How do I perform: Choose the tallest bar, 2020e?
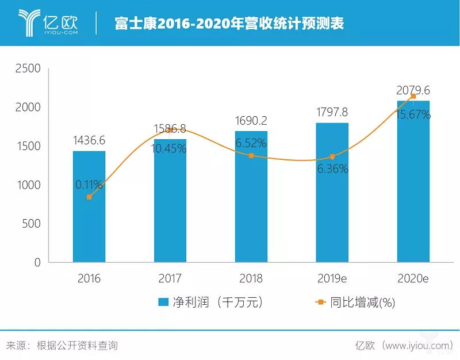pos(413,184)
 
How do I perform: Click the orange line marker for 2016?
pos(89,197)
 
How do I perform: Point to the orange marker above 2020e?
pos(413,96)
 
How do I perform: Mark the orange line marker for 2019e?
pos(332,156)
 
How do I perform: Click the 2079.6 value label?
pos(413,90)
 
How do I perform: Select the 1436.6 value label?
pos(89,140)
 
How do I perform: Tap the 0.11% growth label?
pos(89,185)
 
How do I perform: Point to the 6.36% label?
pos(332,170)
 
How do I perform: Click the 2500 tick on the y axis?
pos(27,68)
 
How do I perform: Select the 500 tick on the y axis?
pos(30,224)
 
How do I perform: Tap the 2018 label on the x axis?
pos(251,279)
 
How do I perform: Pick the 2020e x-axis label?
pos(413,279)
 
